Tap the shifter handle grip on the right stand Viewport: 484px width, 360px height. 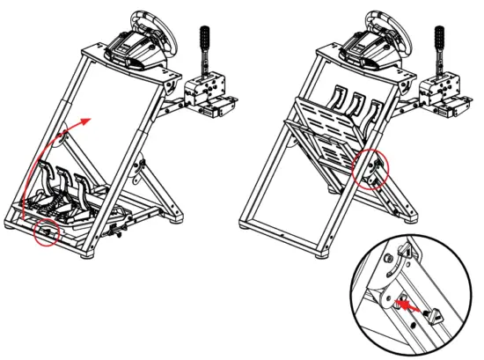(437, 40)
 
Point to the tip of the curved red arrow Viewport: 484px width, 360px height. (88, 117)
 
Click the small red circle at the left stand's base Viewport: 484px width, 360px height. (45, 233)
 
